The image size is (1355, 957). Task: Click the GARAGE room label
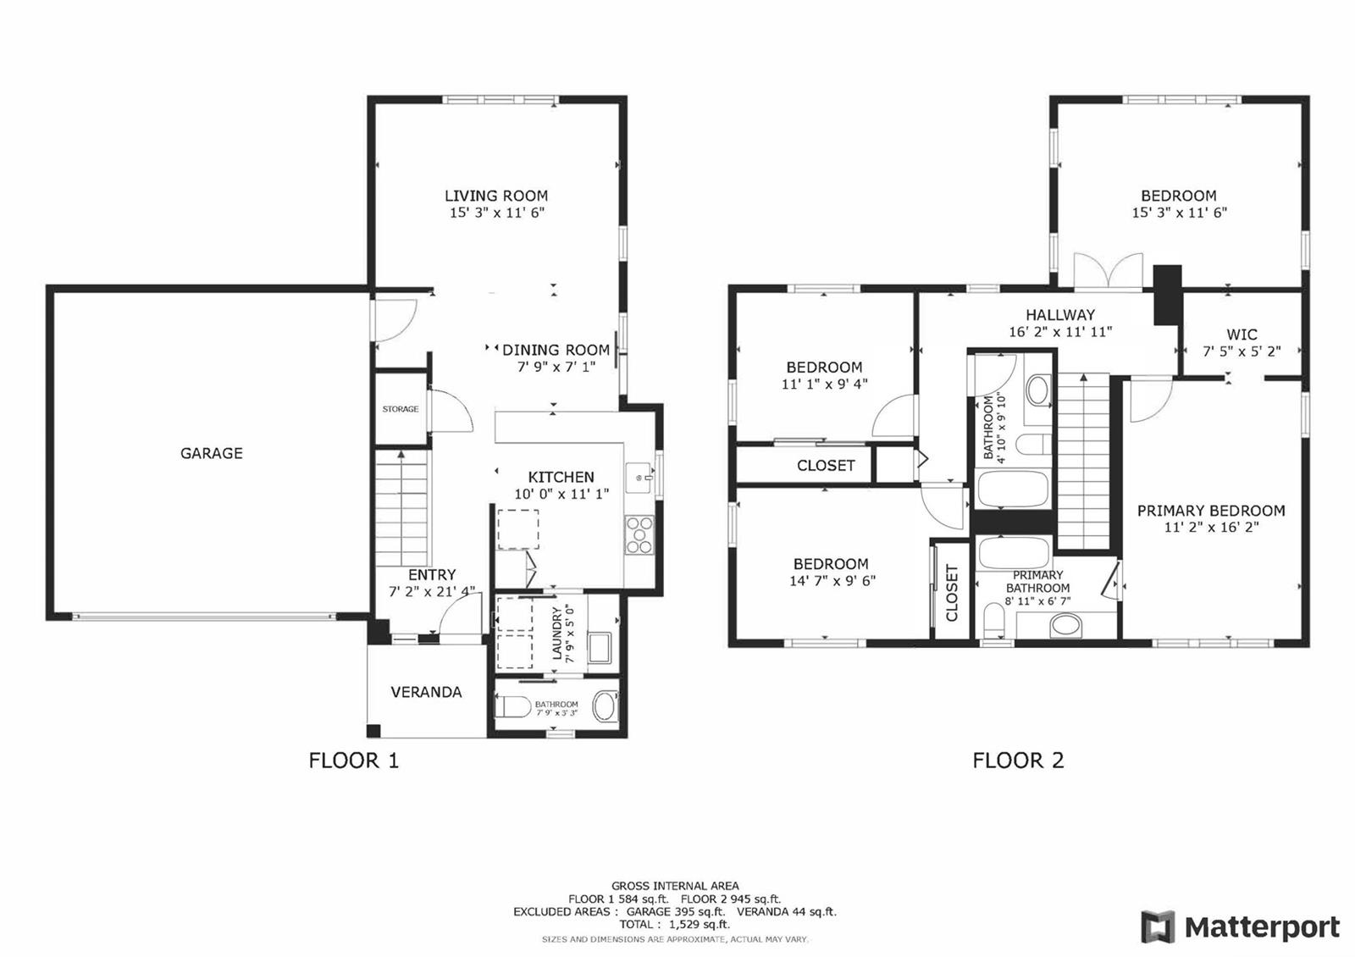point(212,453)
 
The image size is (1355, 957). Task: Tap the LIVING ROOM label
point(496,196)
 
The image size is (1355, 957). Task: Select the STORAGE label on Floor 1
point(401,409)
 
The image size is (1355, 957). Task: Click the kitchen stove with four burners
point(639,534)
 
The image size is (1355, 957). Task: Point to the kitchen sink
point(639,478)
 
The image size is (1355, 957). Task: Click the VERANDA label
point(427,692)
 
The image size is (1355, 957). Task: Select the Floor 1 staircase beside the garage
point(401,507)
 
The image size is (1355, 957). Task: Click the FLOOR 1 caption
point(354,761)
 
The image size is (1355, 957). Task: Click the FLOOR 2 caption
point(1018,761)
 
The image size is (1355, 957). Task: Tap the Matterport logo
point(1240,927)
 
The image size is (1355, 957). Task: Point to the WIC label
point(1242,335)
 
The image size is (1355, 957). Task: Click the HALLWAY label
point(1060,314)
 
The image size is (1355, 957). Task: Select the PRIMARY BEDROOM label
point(1211,511)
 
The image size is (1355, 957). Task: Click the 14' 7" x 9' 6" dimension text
point(832,581)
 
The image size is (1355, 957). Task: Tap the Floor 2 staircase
point(1083,462)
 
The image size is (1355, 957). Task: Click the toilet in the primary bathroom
point(994,621)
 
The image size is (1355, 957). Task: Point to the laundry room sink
point(601,648)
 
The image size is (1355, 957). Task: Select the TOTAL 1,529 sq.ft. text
point(674,924)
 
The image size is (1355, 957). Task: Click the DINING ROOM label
point(556,351)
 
